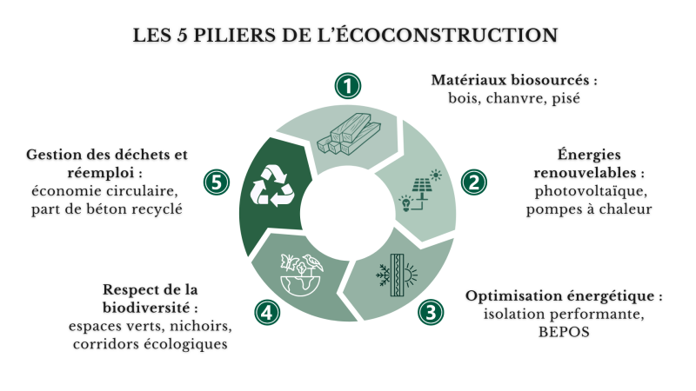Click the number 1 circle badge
[x=347, y=86]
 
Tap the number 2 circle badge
[x=474, y=182]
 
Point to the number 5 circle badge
[x=217, y=182]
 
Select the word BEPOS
[x=564, y=332]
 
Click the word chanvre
[x=515, y=98]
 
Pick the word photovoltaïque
[x=593, y=190]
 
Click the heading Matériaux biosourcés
[x=514, y=80]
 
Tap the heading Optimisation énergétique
[x=564, y=295]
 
